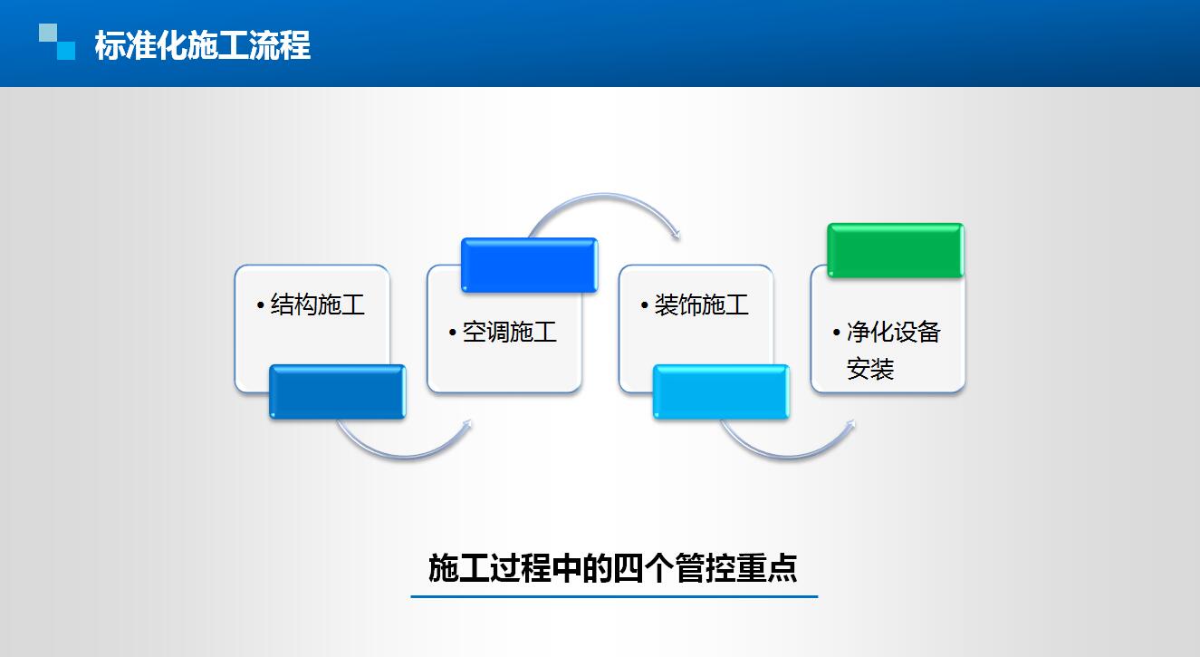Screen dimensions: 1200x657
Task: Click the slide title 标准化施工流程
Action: [203, 45]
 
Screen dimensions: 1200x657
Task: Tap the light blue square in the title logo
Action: [48, 32]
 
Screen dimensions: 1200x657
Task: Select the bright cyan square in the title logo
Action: [66, 51]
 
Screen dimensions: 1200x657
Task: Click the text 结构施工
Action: [317, 304]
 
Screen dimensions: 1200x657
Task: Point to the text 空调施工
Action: [510, 332]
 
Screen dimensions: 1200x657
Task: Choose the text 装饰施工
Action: [701, 304]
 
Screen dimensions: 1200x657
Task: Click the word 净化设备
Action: [894, 332]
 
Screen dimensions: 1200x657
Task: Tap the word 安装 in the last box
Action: [870, 369]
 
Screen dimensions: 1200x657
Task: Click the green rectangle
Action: [895, 250]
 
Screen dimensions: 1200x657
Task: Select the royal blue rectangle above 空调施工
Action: [529, 265]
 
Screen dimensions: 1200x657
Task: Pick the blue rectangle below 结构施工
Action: [338, 391]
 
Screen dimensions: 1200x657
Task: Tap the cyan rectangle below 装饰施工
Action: [721, 391]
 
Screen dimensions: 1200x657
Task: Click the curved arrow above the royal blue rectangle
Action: [605, 195]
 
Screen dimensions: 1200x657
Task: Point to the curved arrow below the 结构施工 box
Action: [405, 457]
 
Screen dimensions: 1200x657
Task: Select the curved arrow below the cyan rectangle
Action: [789, 457]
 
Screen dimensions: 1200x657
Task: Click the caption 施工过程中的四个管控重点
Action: [613, 568]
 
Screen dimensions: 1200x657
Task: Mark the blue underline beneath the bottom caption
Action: [614, 596]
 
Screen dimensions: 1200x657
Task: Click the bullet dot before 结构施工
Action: [260, 305]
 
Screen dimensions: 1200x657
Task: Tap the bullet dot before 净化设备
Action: [837, 333]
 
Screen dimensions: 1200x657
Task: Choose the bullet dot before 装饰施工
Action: [645, 305]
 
